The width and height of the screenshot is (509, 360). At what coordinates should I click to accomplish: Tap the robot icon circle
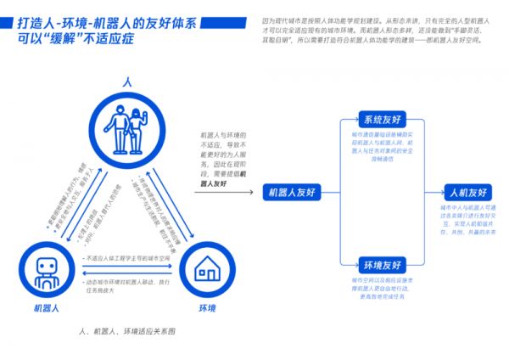point(46,270)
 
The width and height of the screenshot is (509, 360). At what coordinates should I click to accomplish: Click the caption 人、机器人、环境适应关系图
point(126,330)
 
